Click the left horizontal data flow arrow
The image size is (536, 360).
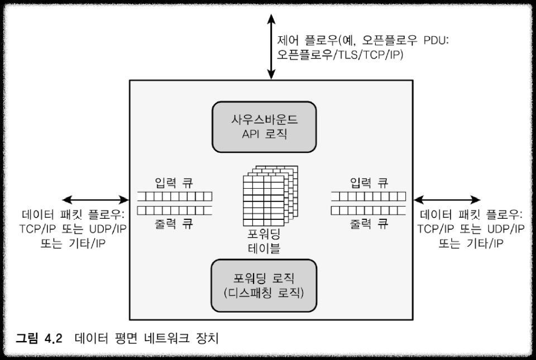point(95,199)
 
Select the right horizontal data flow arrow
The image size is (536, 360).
point(447,199)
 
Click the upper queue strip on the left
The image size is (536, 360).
point(175,196)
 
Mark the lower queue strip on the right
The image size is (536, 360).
point(368,210)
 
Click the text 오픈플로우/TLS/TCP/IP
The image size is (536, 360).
point(340,55)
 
